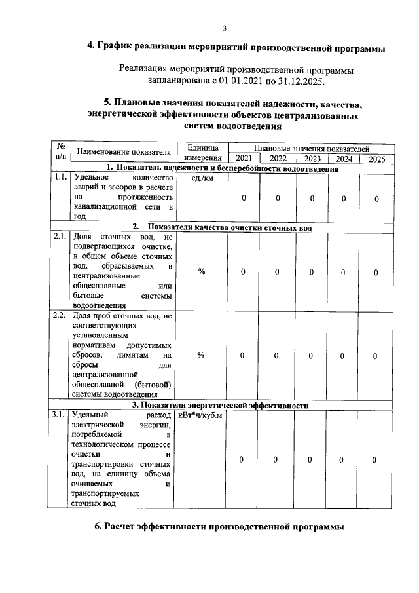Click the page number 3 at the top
[224, 28]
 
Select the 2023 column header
[312, 159]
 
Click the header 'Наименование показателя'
[124, 153]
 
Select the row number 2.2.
[60, 316]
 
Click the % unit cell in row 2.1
[202, 272]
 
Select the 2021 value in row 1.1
[243, 198]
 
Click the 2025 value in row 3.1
[375, 460]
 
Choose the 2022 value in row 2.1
[277, 272]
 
